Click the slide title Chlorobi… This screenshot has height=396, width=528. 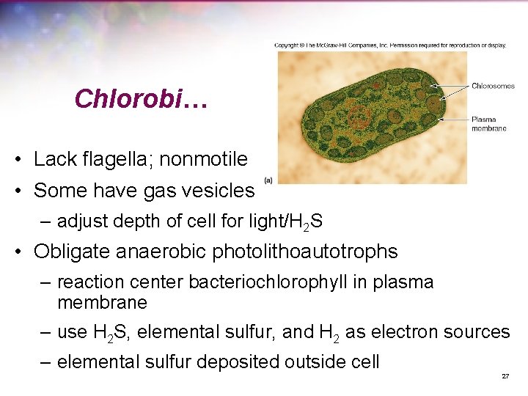(141, 99)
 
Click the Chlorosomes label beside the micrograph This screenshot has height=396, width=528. (493, 86)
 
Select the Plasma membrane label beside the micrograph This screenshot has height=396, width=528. (488, 124)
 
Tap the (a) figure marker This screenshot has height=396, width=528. (268, 179)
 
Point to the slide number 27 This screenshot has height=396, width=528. (505, 376)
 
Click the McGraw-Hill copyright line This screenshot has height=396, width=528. (390, 45)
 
